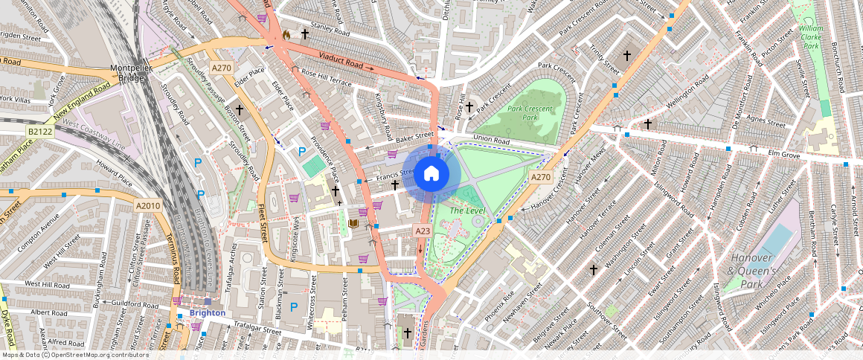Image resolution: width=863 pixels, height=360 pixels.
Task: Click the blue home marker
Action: click(x=431, y=173)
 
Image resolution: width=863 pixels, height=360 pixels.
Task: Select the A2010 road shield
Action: click(x=148, y=205)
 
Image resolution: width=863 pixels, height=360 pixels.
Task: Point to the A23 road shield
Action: click(x=423, y=232)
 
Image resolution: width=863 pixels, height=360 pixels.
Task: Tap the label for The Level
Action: click(x=467, y=211)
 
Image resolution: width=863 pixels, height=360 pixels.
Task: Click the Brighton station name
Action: click(x=207, y=312)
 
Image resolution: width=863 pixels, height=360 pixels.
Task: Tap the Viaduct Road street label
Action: click(x=341, y=60)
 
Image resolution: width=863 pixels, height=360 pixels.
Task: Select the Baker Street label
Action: click(x=414, y=138)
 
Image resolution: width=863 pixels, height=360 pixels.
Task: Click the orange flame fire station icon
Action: click(x=286, y=34)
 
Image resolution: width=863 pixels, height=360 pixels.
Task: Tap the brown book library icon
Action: click(x=353, y=223)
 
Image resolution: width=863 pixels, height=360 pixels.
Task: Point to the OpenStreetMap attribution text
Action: click(x=74, y=355)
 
